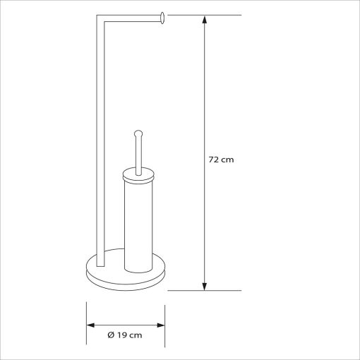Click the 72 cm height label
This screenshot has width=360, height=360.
click(x=221, y=160)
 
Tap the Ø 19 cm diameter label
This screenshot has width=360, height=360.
click(x=125, y=335)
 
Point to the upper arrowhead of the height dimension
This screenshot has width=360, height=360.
click(x=205, y=20)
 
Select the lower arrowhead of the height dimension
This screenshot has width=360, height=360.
click(x=205, y=286)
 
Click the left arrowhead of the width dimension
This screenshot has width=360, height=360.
click(x=90, y=325)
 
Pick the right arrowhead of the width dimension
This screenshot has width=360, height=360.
click(x=161, y=325)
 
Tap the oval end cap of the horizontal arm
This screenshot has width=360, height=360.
click(x=162, y=18)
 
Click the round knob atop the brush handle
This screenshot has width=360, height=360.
click(x=138, y=133)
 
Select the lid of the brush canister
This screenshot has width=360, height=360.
click(x=138, y=175)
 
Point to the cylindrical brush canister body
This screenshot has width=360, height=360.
click(x=138, y=226)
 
